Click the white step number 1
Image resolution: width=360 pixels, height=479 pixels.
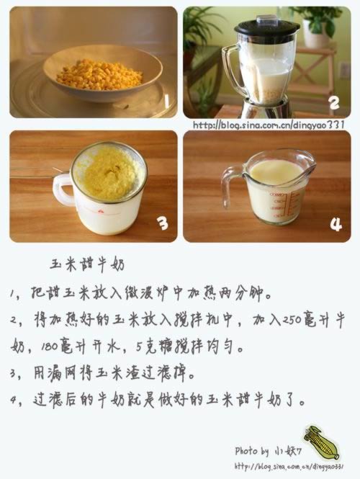pos(166,101)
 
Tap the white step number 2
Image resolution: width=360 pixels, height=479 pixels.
pos(334,102)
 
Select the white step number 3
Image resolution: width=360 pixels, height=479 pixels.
pos(163,223)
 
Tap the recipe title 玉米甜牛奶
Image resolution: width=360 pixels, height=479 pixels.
pos(88,264)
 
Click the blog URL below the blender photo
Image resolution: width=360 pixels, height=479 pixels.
pos(269,125)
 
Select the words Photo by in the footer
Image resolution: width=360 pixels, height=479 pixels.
pos(251,451)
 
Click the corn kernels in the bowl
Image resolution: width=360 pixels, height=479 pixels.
pos(99,75)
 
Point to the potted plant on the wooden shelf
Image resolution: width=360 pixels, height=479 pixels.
pos(318,27)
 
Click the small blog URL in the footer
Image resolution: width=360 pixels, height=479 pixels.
pos(289,467)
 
